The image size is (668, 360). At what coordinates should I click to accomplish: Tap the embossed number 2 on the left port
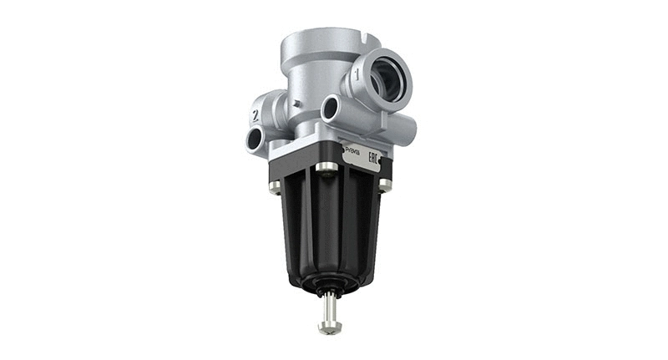(254, 116)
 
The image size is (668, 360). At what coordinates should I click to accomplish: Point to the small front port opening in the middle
(331, 107)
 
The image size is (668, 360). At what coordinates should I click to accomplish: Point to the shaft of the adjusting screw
(328, 304)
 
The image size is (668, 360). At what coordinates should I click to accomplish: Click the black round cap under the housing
(327, 284)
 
